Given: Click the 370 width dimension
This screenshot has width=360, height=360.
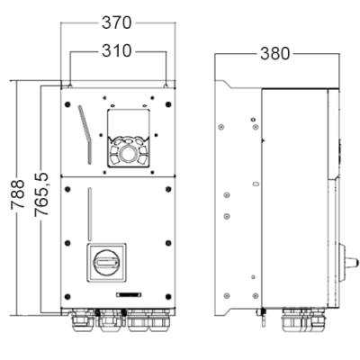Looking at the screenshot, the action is (x=117, y=22).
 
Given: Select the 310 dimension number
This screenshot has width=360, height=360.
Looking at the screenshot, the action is (x=117, y=51).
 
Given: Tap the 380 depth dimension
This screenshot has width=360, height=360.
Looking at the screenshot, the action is (x=275, y=54).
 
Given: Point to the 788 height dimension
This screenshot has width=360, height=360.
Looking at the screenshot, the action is (x=17, y=194).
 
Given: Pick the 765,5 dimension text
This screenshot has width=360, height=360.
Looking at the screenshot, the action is (x=41, y=194).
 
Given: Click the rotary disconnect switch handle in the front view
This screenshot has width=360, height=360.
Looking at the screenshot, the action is (x=106, y=263).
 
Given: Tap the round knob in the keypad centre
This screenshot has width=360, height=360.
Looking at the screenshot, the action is (x=129, y=154).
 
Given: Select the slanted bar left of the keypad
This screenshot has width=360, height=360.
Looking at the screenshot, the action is (x=85, y=134).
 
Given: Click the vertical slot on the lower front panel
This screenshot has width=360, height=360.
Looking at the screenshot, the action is (x=90, y=214).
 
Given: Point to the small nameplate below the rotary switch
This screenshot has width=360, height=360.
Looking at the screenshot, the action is (x=129, y=295).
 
